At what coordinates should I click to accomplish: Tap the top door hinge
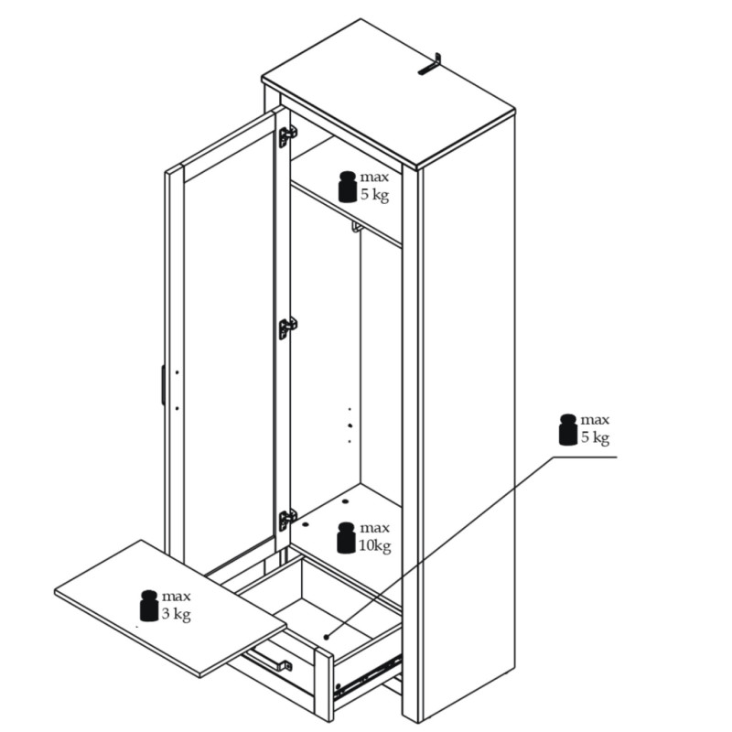[286, 136]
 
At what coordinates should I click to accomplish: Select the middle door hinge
[287, 328]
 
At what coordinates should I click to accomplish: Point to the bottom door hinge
[287, 520]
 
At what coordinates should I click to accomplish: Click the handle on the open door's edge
[163, 384]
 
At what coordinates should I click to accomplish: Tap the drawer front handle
[269, 657]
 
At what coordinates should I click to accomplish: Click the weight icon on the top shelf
[348, 188]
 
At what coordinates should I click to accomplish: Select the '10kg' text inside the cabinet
[374, 545]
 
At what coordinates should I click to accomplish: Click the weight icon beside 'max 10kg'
[346, 538]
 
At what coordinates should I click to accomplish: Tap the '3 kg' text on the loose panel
[177, 614]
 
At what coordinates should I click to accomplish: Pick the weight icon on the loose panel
[149, 606]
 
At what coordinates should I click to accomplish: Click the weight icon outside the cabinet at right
[568, 429]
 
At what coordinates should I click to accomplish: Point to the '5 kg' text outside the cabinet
[596, 438]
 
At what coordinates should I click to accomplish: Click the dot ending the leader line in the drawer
[327, 637]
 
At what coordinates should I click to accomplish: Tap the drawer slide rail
[369, 674]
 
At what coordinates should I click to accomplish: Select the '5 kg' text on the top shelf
[375, 195]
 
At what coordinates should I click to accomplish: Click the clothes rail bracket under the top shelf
[357, 227]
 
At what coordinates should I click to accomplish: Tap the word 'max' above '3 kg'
[177, 597]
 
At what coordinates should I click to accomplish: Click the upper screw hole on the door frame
[177, 372]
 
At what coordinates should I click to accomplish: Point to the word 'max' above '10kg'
[374, 529]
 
